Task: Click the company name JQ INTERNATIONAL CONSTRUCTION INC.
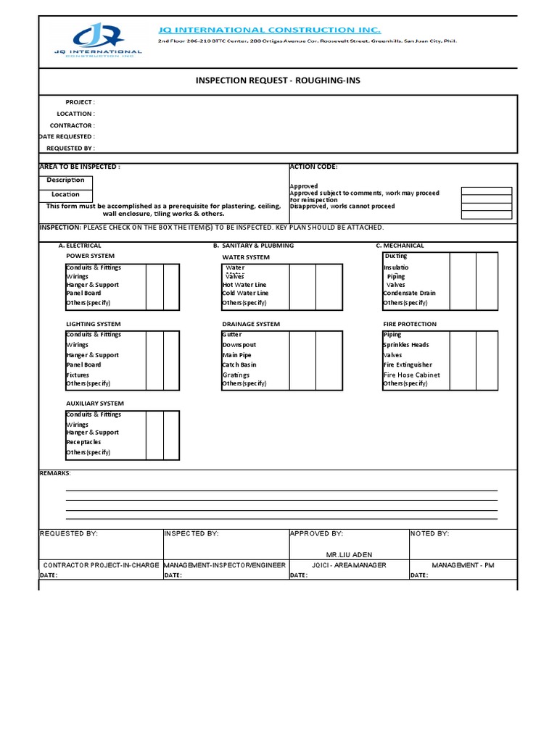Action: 269,30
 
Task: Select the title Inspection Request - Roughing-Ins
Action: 278,80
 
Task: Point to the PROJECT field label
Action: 80,102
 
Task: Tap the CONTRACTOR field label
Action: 72,125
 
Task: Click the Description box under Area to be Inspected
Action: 65,180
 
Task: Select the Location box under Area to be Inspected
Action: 65,194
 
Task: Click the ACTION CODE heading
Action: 313,167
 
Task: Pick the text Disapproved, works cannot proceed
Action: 342,207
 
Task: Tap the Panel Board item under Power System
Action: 83,293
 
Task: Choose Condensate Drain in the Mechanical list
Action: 409,293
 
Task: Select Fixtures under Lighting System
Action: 78,375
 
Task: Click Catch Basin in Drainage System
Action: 239,365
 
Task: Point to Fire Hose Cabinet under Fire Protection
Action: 411,375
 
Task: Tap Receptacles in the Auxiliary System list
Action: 83,442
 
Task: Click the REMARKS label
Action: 54,472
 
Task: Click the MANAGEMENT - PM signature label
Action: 463,565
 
